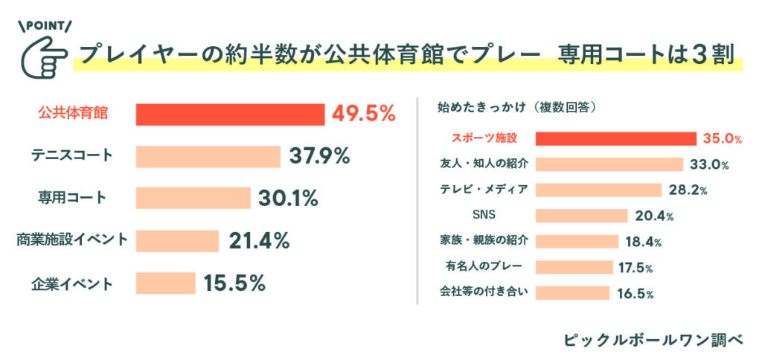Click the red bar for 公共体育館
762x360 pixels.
tap(230, 114)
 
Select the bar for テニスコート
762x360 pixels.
tap(208, 156)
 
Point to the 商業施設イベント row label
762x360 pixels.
tap(72, 240)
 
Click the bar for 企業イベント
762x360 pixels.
tap(165, 283)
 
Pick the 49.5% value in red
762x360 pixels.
tap(363, 114)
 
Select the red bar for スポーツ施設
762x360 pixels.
tap(615, 138)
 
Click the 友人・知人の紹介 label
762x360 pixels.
tap(484, 164)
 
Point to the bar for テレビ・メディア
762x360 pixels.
tap(598, 190)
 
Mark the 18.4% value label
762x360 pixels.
tap(644, 242)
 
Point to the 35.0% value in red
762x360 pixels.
tap(723, 138)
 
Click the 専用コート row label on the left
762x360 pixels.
tap(72, 199)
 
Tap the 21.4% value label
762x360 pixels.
tap(259, 241)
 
